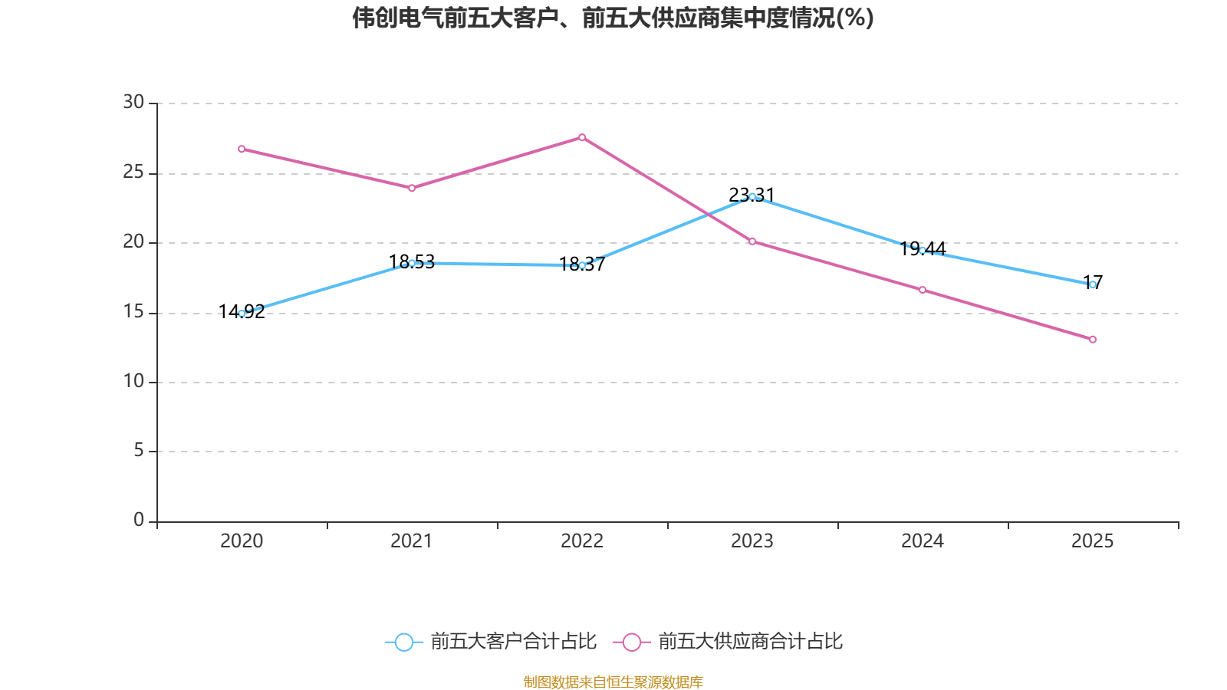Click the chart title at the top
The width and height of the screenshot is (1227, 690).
(613, 18)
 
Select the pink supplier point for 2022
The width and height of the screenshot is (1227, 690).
(582, 137)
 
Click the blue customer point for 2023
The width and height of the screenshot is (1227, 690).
(752, 196)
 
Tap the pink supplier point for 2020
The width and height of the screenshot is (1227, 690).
(242, 149)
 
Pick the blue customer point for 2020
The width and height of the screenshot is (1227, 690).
(242, 313)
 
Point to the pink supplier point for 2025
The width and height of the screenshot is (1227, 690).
(1093, 339)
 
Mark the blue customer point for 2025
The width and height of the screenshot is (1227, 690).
(1093, 284)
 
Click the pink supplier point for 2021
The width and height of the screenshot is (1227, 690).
(412, 188)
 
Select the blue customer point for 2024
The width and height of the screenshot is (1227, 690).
(923, 250)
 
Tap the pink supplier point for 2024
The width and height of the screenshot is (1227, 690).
(923, 290)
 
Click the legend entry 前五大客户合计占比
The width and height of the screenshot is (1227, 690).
(491, 642)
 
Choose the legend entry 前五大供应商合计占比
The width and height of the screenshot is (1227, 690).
(729, 642)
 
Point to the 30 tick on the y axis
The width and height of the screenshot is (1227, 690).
(133, 102)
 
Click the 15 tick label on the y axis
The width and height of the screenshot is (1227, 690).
(133, 311)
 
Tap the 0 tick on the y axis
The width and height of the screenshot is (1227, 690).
(139, 520)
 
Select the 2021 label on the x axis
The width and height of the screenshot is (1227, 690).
(412, 541)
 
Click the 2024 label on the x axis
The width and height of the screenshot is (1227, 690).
(923, 541)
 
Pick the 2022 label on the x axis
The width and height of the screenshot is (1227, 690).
(582, 541)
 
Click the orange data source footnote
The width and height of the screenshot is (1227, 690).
(613, 682)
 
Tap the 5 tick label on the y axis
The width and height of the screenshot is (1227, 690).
(139, 450)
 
